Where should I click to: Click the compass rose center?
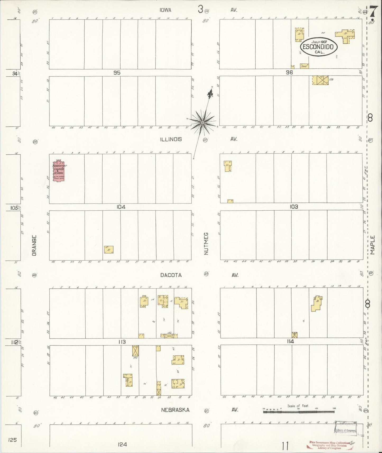coord(202,123)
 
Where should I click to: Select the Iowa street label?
coord(165,10)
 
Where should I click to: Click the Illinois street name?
coord(171,139)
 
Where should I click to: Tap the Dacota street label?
coord(171,275)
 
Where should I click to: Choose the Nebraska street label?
coord(175,410)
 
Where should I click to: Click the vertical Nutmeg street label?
coord(206,243)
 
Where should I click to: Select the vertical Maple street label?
coord(372,245)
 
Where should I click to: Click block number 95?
coord(117,73)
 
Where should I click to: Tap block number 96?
coord(289,72)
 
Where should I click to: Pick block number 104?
coord(121,207)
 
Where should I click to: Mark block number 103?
coord(294,207)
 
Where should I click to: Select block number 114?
coord(290,341)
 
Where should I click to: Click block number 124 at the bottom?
coord(122,445)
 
